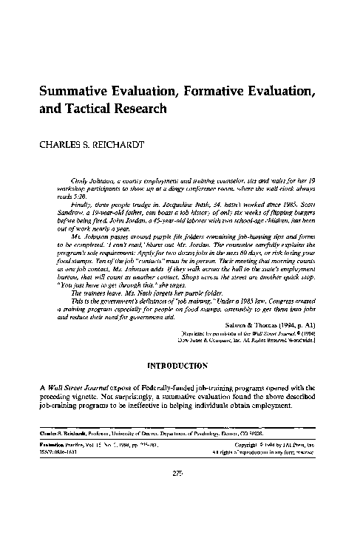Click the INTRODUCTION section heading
coord(179,365)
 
